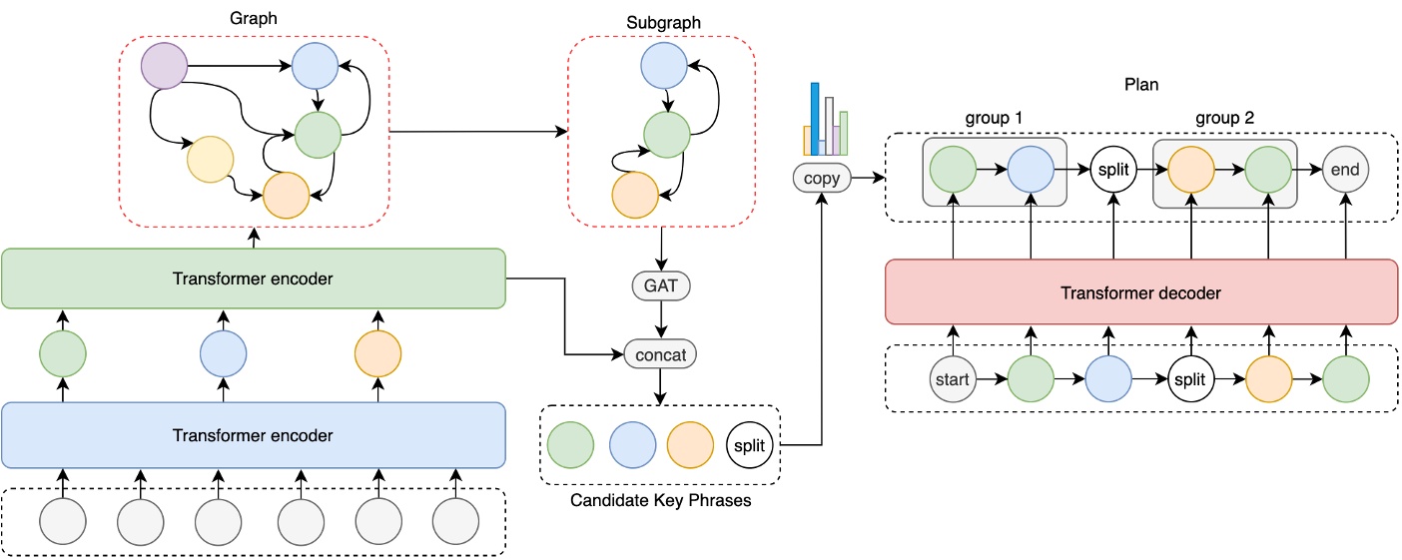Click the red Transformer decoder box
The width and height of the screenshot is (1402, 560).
(x=1141, y=292)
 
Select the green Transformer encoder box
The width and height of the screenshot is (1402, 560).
(x=253, y=279)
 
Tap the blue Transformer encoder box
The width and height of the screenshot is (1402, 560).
(x=253, y=435)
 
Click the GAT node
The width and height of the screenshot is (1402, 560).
(x=660, y=285)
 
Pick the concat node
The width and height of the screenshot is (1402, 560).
(x=660, y=354)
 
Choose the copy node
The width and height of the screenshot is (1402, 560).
(x=821, y=179)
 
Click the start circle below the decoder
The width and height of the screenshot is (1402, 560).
(x=954, y=380)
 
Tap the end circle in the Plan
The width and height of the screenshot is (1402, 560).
(x=1345, y=170)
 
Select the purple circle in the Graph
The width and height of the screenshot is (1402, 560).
(x=165, y=68)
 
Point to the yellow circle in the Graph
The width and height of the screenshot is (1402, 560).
(x=210, y=158)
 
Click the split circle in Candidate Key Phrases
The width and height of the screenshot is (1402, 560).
(x=748, y=445)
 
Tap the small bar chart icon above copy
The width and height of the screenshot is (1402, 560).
(x=826, y=119)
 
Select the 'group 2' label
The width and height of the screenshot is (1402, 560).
(x=1224, y=119)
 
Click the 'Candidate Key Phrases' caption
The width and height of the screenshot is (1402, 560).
(x=660, y=500)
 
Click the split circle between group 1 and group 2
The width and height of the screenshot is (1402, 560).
(x=1113, y=170)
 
